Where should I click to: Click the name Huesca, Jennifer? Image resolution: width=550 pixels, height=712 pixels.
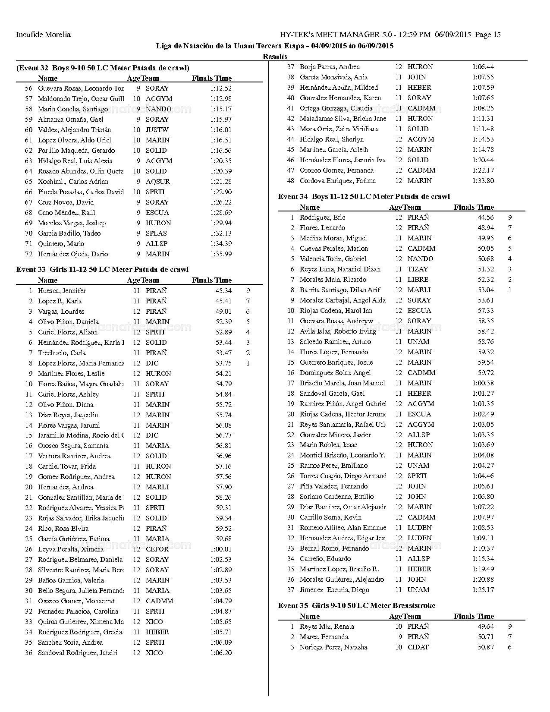tap(62, 291)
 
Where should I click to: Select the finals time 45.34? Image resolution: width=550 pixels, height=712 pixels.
tap(223, 291)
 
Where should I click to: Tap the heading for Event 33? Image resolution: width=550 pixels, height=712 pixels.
tap(102, 270)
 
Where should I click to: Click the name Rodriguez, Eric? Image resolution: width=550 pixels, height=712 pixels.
tap(322, 217)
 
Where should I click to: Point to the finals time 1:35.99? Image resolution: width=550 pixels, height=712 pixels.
tap(221, 254)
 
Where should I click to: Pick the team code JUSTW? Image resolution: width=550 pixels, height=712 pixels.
tap(157, 130)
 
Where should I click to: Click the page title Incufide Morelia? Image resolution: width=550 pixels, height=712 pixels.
tap(43, 35)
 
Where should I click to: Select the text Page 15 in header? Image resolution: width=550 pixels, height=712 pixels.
tap(488, 35)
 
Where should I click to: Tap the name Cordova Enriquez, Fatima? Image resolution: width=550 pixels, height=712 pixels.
tap(337, 181)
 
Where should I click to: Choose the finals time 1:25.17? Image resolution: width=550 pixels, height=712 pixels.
tap(483, 590)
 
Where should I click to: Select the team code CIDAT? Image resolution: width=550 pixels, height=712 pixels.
tap(418, 647)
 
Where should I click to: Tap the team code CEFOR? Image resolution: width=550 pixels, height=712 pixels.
tap(157, 549)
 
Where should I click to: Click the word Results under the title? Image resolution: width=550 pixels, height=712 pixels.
tap(275, 57)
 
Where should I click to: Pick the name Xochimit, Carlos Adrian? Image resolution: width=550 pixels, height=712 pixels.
tap(73, 182)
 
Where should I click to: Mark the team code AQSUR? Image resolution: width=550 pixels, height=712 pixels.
tap(158, 182)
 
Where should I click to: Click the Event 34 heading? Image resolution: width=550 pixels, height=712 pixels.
tap(364, 197)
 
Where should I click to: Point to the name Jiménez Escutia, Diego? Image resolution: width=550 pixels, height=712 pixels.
tap(334, 590)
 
